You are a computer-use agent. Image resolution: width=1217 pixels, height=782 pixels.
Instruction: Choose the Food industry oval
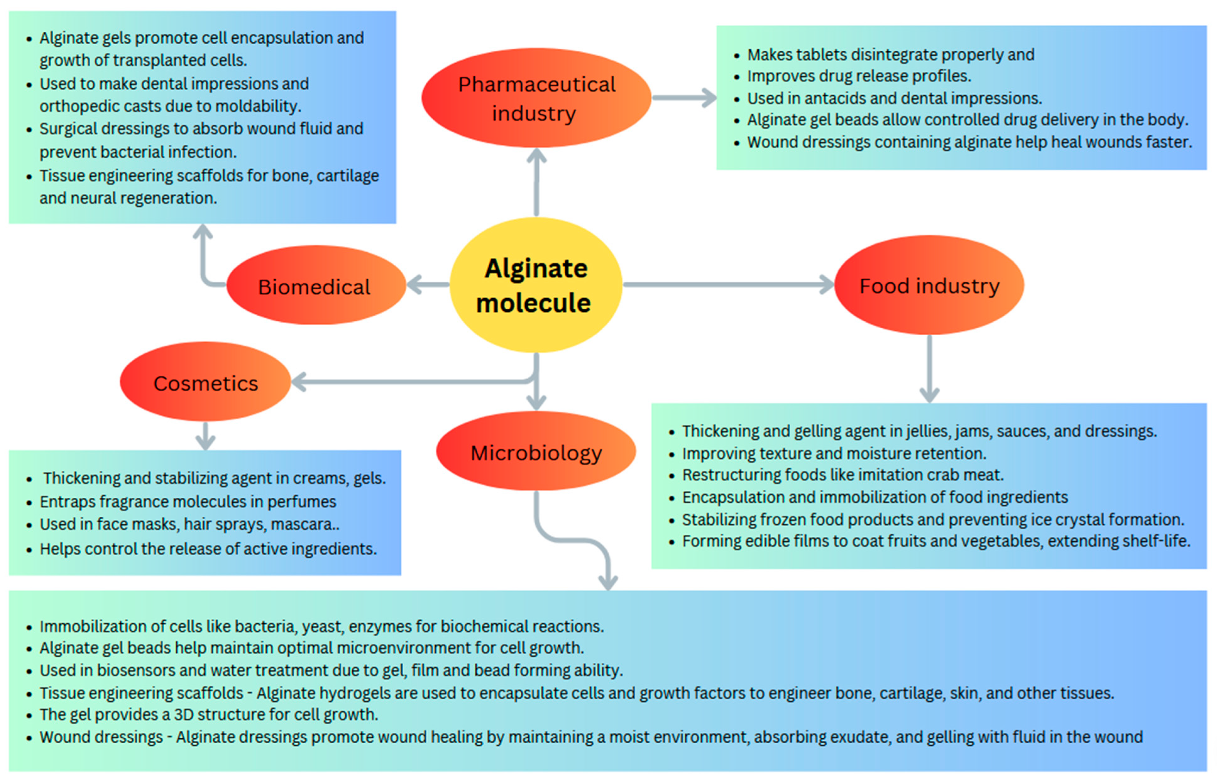pyautogui.click(x=929, y=285)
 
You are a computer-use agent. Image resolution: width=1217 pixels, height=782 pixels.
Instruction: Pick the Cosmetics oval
pyautogui.click(x=205, y=382)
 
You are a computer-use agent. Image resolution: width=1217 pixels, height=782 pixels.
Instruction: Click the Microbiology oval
pyautogui.click(x=536, y=451)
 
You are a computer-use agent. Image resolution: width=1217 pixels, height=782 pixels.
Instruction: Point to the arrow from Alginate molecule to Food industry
pyautogui.click(x=726, y=284)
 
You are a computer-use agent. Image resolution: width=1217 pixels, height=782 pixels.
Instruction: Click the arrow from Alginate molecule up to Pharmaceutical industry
pyautogui.click(x=537, y=183)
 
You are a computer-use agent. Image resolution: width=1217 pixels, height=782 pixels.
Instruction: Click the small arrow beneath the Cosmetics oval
pyautogui.click(x=205, y=436)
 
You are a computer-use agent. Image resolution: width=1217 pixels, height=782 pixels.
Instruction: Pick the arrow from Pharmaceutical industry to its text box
pyautogui.click(x=684, y=98)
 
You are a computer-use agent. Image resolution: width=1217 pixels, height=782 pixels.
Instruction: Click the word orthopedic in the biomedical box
pyautogui.click(x=76, y=106)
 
